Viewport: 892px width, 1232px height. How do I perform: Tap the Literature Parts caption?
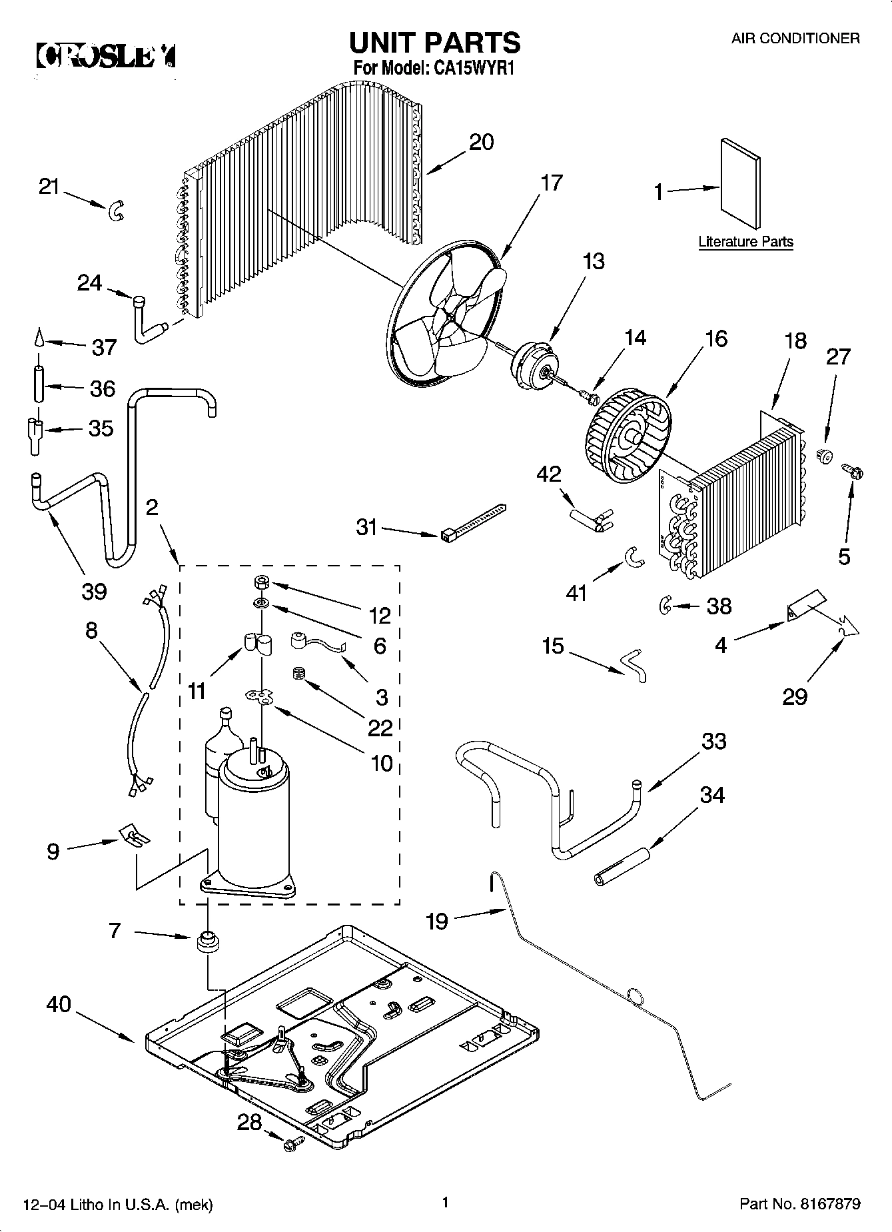745,241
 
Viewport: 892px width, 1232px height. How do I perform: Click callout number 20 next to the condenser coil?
481,142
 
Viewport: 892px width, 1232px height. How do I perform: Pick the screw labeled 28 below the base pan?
291,1144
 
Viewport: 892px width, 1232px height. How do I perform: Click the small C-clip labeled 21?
116,212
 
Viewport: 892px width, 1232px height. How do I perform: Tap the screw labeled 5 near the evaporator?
852,472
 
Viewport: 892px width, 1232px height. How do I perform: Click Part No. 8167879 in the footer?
799,1204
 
